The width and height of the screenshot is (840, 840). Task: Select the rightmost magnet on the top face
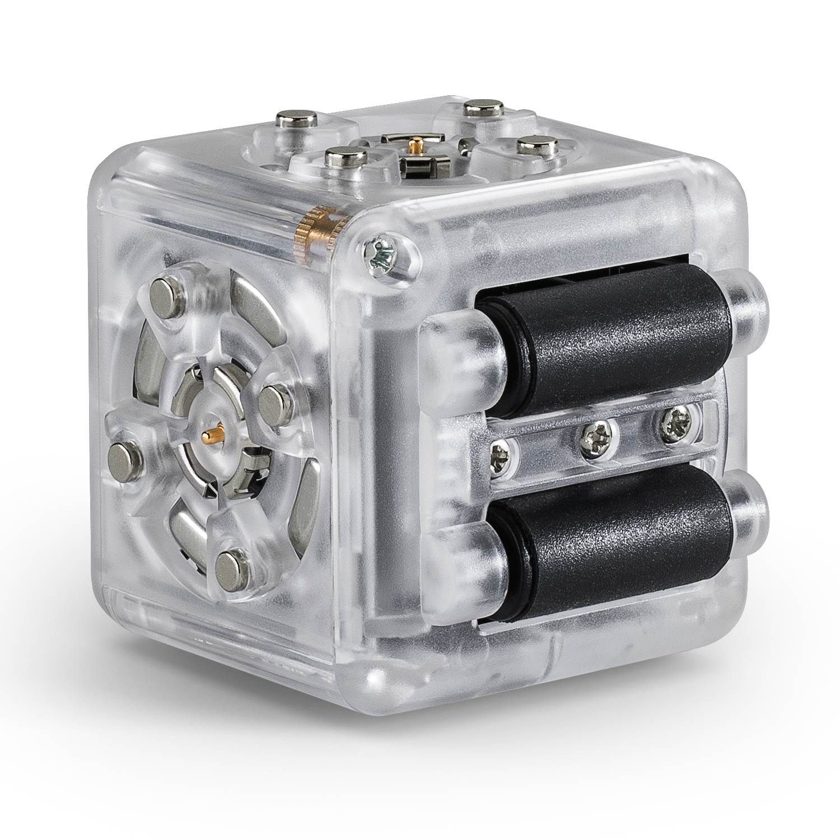pos(532,147)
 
